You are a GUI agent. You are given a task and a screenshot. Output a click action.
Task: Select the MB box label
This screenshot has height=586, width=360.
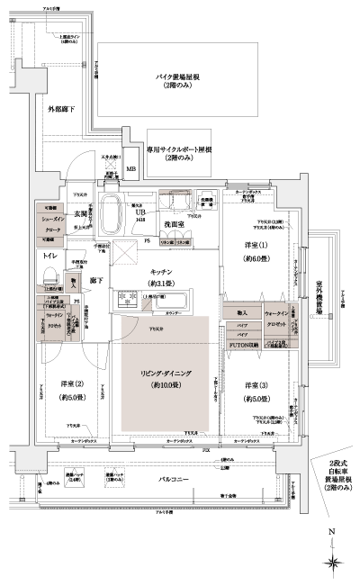(131, 168)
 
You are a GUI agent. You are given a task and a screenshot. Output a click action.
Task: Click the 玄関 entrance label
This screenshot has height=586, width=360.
(79, 213)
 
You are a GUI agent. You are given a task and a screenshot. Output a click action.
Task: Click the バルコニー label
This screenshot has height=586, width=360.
(168, 479)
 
